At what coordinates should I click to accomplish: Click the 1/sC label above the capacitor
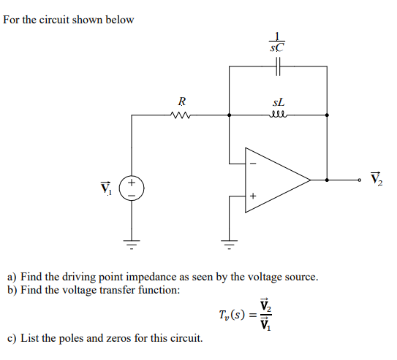click(x=277, y=42)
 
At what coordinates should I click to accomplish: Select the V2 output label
click(x=377, y=178)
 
